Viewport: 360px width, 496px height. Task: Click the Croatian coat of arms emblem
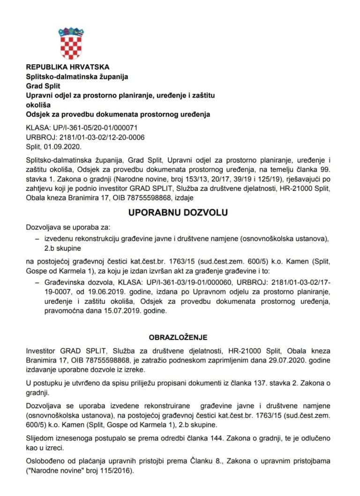pyautogui.click(x=71, y=43)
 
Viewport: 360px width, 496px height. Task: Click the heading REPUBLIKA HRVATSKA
pyautogui.click(x=68, y=67)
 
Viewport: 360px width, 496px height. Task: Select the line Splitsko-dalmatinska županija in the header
pyautogui.click(x=77, y=76)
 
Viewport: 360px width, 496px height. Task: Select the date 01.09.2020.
pyautogui.click(x=58, y=146)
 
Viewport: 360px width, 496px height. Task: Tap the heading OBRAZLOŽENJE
pyautogui.click(x=178, y=337)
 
